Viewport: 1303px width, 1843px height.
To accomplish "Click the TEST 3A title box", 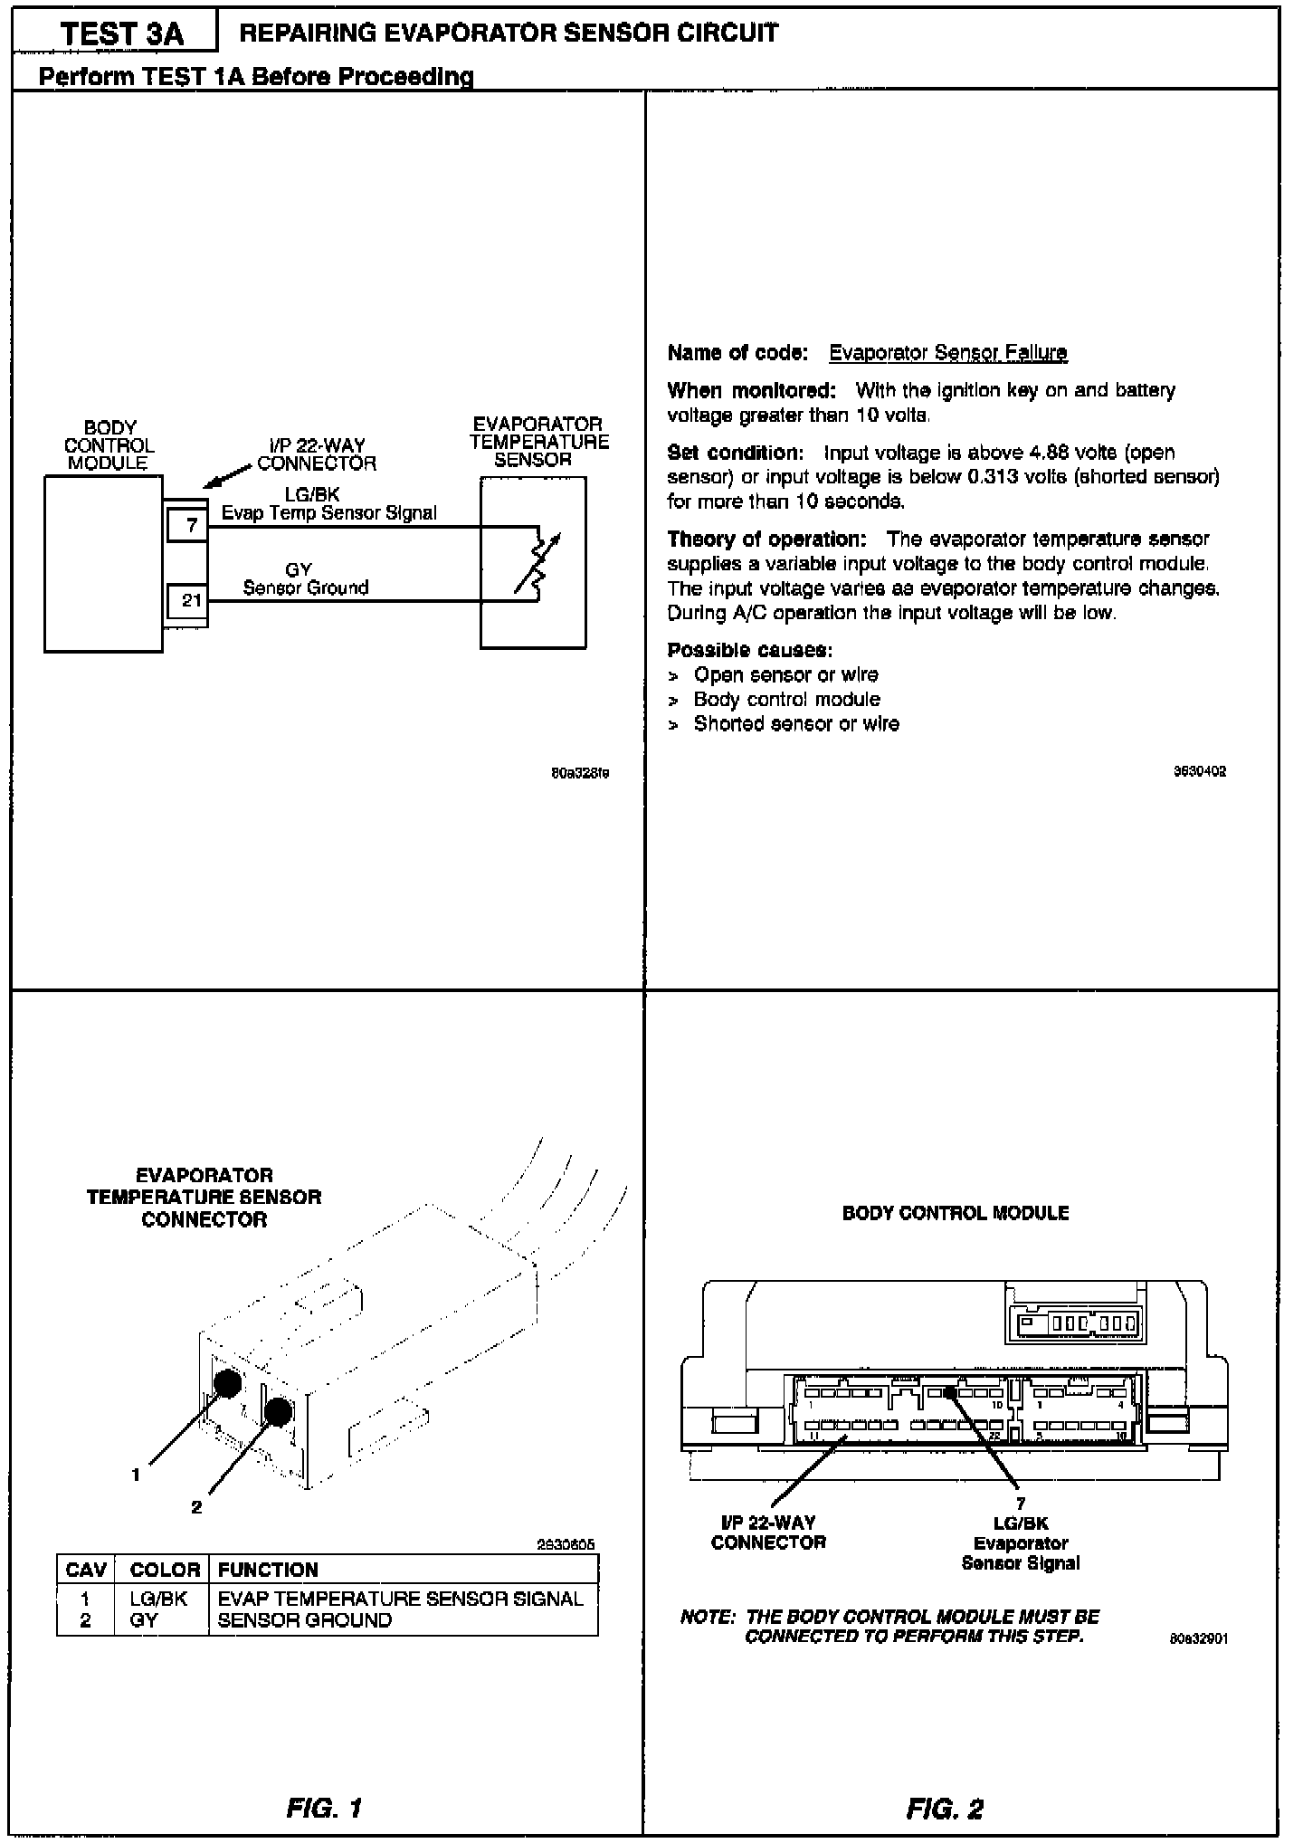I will (121, 34).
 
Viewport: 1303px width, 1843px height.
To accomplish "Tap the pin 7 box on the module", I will (191, 526).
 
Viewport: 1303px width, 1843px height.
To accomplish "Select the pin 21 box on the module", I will (191, 601).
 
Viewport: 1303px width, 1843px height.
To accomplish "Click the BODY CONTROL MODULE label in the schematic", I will (109, 445).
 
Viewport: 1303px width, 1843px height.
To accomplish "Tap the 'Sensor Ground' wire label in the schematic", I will (306, 587).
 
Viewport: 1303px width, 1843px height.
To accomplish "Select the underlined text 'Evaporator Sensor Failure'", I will (947, 352).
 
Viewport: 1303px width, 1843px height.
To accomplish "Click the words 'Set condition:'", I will (735, 453).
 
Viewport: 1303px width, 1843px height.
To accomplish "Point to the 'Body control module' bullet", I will (786, 700).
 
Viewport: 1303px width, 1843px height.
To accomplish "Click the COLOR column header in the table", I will (165, 1570).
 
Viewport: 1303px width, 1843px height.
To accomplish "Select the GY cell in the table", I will (143, 1620).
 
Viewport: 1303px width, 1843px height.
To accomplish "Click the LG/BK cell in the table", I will (158, 1599).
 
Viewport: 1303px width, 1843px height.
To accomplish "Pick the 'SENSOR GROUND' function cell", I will (304, 1620).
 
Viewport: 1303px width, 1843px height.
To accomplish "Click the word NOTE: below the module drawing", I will (708, 1617).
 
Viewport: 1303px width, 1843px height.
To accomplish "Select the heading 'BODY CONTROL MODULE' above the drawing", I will (955, 1213).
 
